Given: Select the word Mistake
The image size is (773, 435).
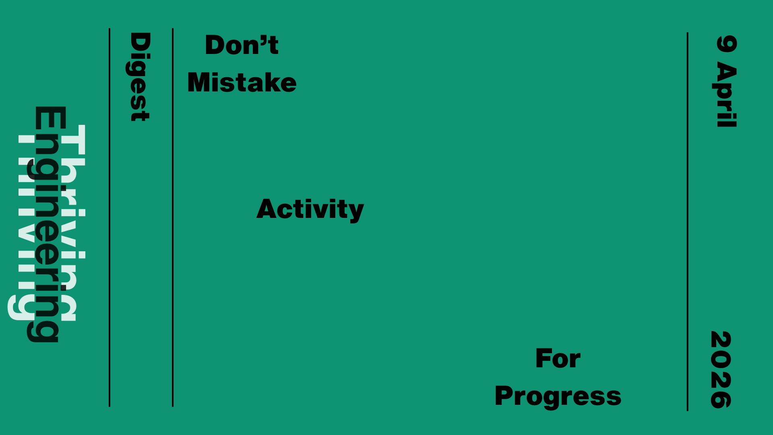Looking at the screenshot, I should tap(242, 82).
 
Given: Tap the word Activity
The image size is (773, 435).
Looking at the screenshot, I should tap(310, 209).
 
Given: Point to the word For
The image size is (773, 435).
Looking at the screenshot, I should tap(558, 358).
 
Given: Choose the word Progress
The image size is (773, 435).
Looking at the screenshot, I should tap(558, 396).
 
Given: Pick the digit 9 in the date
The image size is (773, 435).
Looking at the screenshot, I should tap(727, 44).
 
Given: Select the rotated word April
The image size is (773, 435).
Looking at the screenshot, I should tap(727, 95).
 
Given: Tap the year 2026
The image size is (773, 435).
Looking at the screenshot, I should tap(721, 370).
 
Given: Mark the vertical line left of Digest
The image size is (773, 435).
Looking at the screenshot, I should tap(110, 217).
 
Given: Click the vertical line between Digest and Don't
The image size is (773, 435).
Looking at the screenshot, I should tap(173, 217).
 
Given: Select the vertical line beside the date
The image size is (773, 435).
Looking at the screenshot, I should tap(687, 222).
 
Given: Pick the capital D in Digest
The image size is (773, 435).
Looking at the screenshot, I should tap(140, 42).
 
